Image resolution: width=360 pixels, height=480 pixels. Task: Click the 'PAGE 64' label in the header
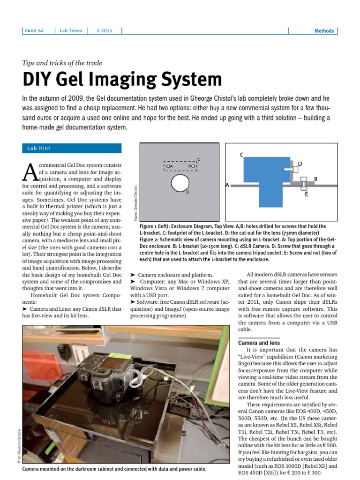coord(35,31)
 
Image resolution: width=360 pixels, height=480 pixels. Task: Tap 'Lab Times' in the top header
coord(71,31)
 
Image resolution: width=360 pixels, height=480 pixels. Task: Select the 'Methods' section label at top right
coord(324,31)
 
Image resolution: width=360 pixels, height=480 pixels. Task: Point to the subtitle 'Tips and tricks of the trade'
coord(62,63)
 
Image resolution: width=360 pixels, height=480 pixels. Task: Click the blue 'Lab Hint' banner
coord(72,148)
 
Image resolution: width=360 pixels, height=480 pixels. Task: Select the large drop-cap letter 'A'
coord(30,172)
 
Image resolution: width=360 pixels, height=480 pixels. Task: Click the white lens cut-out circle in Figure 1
coord(180,184)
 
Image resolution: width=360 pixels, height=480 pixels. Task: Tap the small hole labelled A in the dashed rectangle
coord(167,166)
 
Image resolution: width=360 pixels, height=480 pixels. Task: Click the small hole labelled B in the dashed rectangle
coord(194,166)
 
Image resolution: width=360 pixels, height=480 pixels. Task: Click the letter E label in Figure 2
coord(307,194)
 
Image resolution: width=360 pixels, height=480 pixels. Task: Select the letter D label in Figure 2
coord(300,164)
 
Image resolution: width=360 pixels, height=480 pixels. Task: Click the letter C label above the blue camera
coord(241,154)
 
